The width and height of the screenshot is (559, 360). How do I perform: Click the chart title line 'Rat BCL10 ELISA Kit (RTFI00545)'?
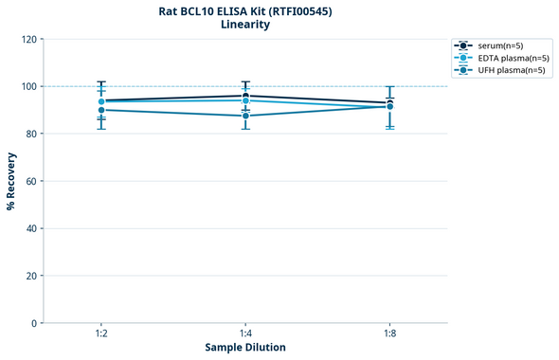click(x=245, y=11)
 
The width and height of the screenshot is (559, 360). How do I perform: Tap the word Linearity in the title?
click(x=245, y=25)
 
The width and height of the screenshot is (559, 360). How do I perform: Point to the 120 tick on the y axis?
click(x=27, y=40)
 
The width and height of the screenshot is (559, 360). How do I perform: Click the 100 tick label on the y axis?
click(x=27, y=87)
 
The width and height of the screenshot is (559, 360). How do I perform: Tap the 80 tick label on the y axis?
click(x=30, y=135)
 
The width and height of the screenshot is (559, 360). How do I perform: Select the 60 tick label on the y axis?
click(x=30, y=181)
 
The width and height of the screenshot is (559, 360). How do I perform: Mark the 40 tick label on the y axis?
click(x=30, y=228)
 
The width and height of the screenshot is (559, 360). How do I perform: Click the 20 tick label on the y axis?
click(x=30, y=276)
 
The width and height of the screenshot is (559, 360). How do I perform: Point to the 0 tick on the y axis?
click(x=33, y=323)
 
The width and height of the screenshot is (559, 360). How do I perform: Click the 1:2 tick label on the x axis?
click(x=101, y=334)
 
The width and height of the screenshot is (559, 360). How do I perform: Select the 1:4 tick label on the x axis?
click(x=245, y=334)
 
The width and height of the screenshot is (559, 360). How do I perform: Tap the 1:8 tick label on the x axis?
click(x=389, y=334)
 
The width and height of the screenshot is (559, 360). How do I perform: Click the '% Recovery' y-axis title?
click(x=11, y=181)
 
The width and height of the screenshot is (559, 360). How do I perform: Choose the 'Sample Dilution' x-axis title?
click(x=245, y=348)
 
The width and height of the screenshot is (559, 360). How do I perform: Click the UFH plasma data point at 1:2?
click(x=101, y=110)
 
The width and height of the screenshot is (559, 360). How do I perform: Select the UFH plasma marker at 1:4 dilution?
click(x=245, y=116)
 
